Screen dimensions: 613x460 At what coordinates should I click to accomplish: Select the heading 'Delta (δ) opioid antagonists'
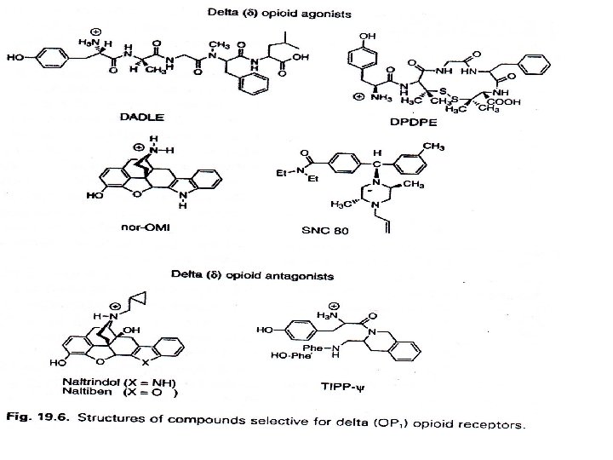pyautogui.click(x=240, y=275)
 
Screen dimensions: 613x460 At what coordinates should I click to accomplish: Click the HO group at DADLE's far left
pyautogui.click(x=14, y=59)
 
